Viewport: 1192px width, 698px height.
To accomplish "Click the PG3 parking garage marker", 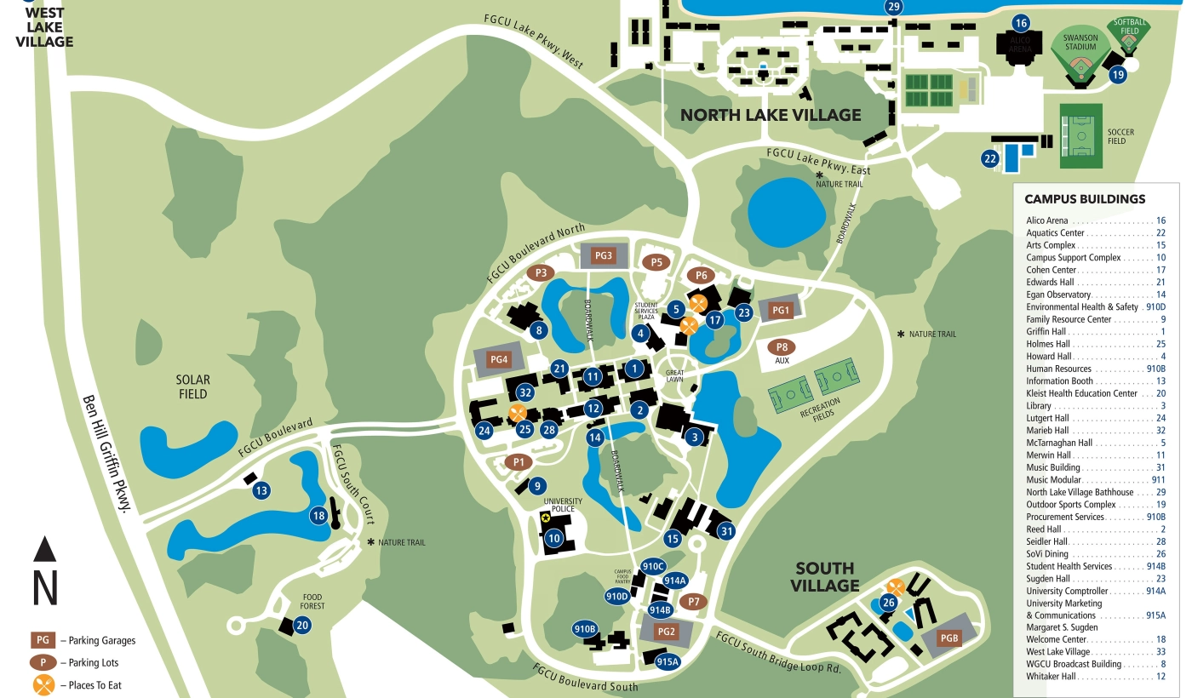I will pyautogui.click(x=603, y=255).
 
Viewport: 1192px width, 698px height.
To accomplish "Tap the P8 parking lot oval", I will pyautogui.click(x=782, y=347).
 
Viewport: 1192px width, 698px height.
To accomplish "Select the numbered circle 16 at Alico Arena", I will pyautogui.click(x=1021, y=23).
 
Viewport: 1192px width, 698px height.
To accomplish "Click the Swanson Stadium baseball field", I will pyautogui.click(x=1080, y=56).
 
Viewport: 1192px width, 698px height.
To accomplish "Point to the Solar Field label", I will pyautogui.click(x=193, y=386).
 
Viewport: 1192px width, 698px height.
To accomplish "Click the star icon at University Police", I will pyautogui.click(x=546, y=518).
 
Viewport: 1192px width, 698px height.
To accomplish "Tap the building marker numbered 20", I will pyautogui.click(x=301, y=625).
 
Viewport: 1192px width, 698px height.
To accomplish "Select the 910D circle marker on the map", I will pyautogui.click(x=616, y=597).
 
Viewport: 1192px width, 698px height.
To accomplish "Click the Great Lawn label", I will pyautogui.click(x=675, y=375).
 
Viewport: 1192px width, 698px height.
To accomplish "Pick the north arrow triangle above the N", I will pyautogui.click(x=45, y=549).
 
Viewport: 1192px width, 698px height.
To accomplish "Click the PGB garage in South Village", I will pyautogui.click(x=949, y=638).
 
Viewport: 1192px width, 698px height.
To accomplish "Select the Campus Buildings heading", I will pyautogui.click(x=1084, y=199).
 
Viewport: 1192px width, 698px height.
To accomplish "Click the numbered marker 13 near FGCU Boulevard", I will pyautogui.click(x=261, y=490).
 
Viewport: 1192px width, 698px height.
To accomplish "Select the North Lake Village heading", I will pyautogui.click(x=771, y=115).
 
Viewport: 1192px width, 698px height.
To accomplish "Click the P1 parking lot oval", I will pyautogui.click(x=518, y=462).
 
